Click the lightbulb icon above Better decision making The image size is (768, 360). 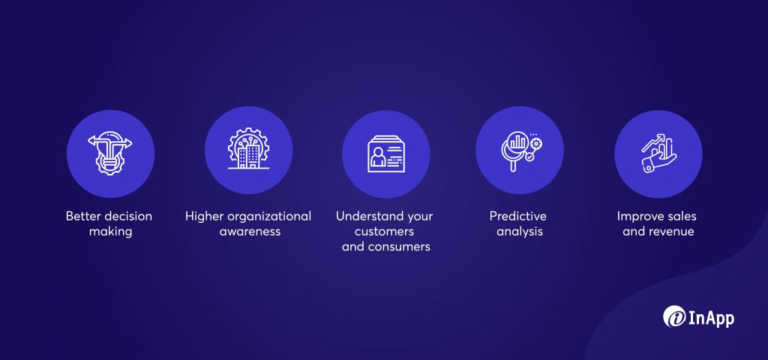(x=110, y=153)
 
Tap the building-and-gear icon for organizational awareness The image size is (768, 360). (x=248, y=149)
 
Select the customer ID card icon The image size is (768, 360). (x=386, y=153)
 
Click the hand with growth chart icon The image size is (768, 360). (x=658, y=153)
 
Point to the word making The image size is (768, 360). (x=110, y=232)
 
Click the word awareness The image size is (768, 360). (x=250, y=232)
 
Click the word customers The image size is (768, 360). (x=385, y=232)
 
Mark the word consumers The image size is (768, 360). (x=400, y=247)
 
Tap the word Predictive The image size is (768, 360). (x=517, y=216)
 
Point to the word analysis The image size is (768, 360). (x=520, y=232)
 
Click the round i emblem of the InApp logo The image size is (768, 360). (x=674, y=316)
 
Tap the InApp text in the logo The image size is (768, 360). (x=711, y=318)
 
